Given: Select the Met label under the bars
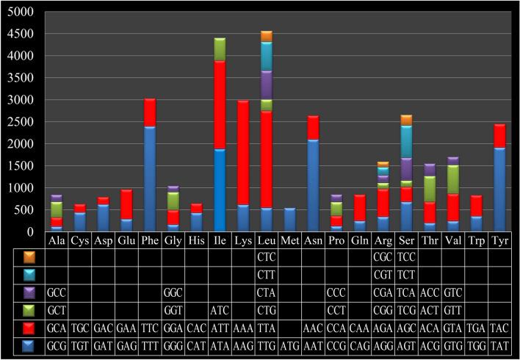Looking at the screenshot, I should (x=289, y=241).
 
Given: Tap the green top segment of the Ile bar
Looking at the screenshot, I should (x=220, y=49).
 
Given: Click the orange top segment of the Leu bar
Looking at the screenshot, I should (x=266, y=36).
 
